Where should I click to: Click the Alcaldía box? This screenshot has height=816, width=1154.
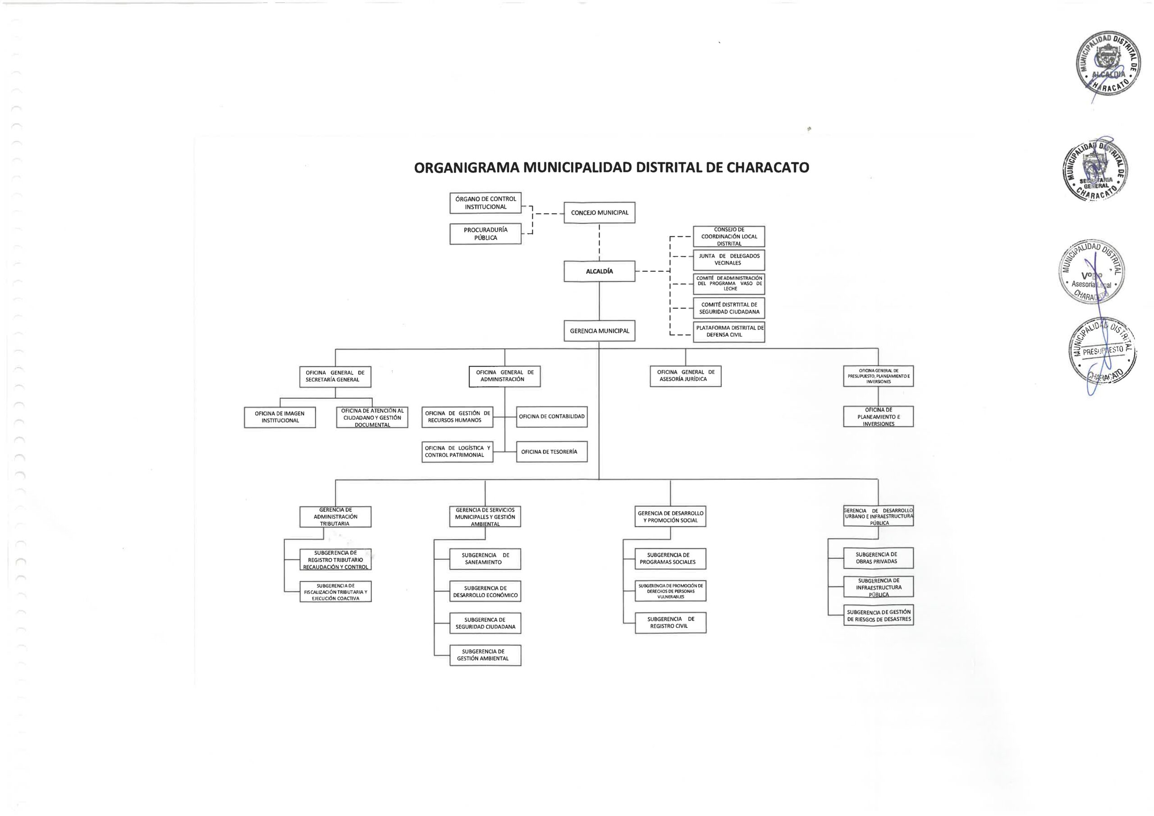click(x=599, y=271)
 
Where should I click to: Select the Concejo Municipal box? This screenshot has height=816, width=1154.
click(x=599, y=213)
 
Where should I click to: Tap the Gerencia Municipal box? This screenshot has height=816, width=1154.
click(x=599, y=331)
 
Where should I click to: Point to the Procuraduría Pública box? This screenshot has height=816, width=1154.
click(x=485, y=234)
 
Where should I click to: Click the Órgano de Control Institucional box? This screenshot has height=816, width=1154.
click(x=485, y=203)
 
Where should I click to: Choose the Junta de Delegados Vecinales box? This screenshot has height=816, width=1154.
click(x=729, y=259)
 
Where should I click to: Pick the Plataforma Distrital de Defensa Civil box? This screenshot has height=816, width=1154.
click(x=729, y=332)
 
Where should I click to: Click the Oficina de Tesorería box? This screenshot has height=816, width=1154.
click(x=551, y=452)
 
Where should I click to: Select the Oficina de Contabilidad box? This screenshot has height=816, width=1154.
click(x=551, y=416)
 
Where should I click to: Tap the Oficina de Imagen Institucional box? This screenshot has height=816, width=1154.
click(x=279, y=417)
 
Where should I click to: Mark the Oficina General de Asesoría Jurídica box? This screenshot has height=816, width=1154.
click(x=685, y=376)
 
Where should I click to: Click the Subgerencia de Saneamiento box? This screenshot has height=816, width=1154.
click(x=485, y=559)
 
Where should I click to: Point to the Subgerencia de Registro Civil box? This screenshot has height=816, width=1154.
click(x=670, y=623)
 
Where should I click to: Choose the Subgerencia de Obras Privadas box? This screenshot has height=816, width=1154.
click(x=878, y=558)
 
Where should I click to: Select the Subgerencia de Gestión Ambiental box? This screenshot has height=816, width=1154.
click(x=485, y=655)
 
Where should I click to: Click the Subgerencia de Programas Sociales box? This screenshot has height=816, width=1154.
click(x=670, y=559)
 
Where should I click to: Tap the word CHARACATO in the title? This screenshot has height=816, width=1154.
click(x=768, y=167)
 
